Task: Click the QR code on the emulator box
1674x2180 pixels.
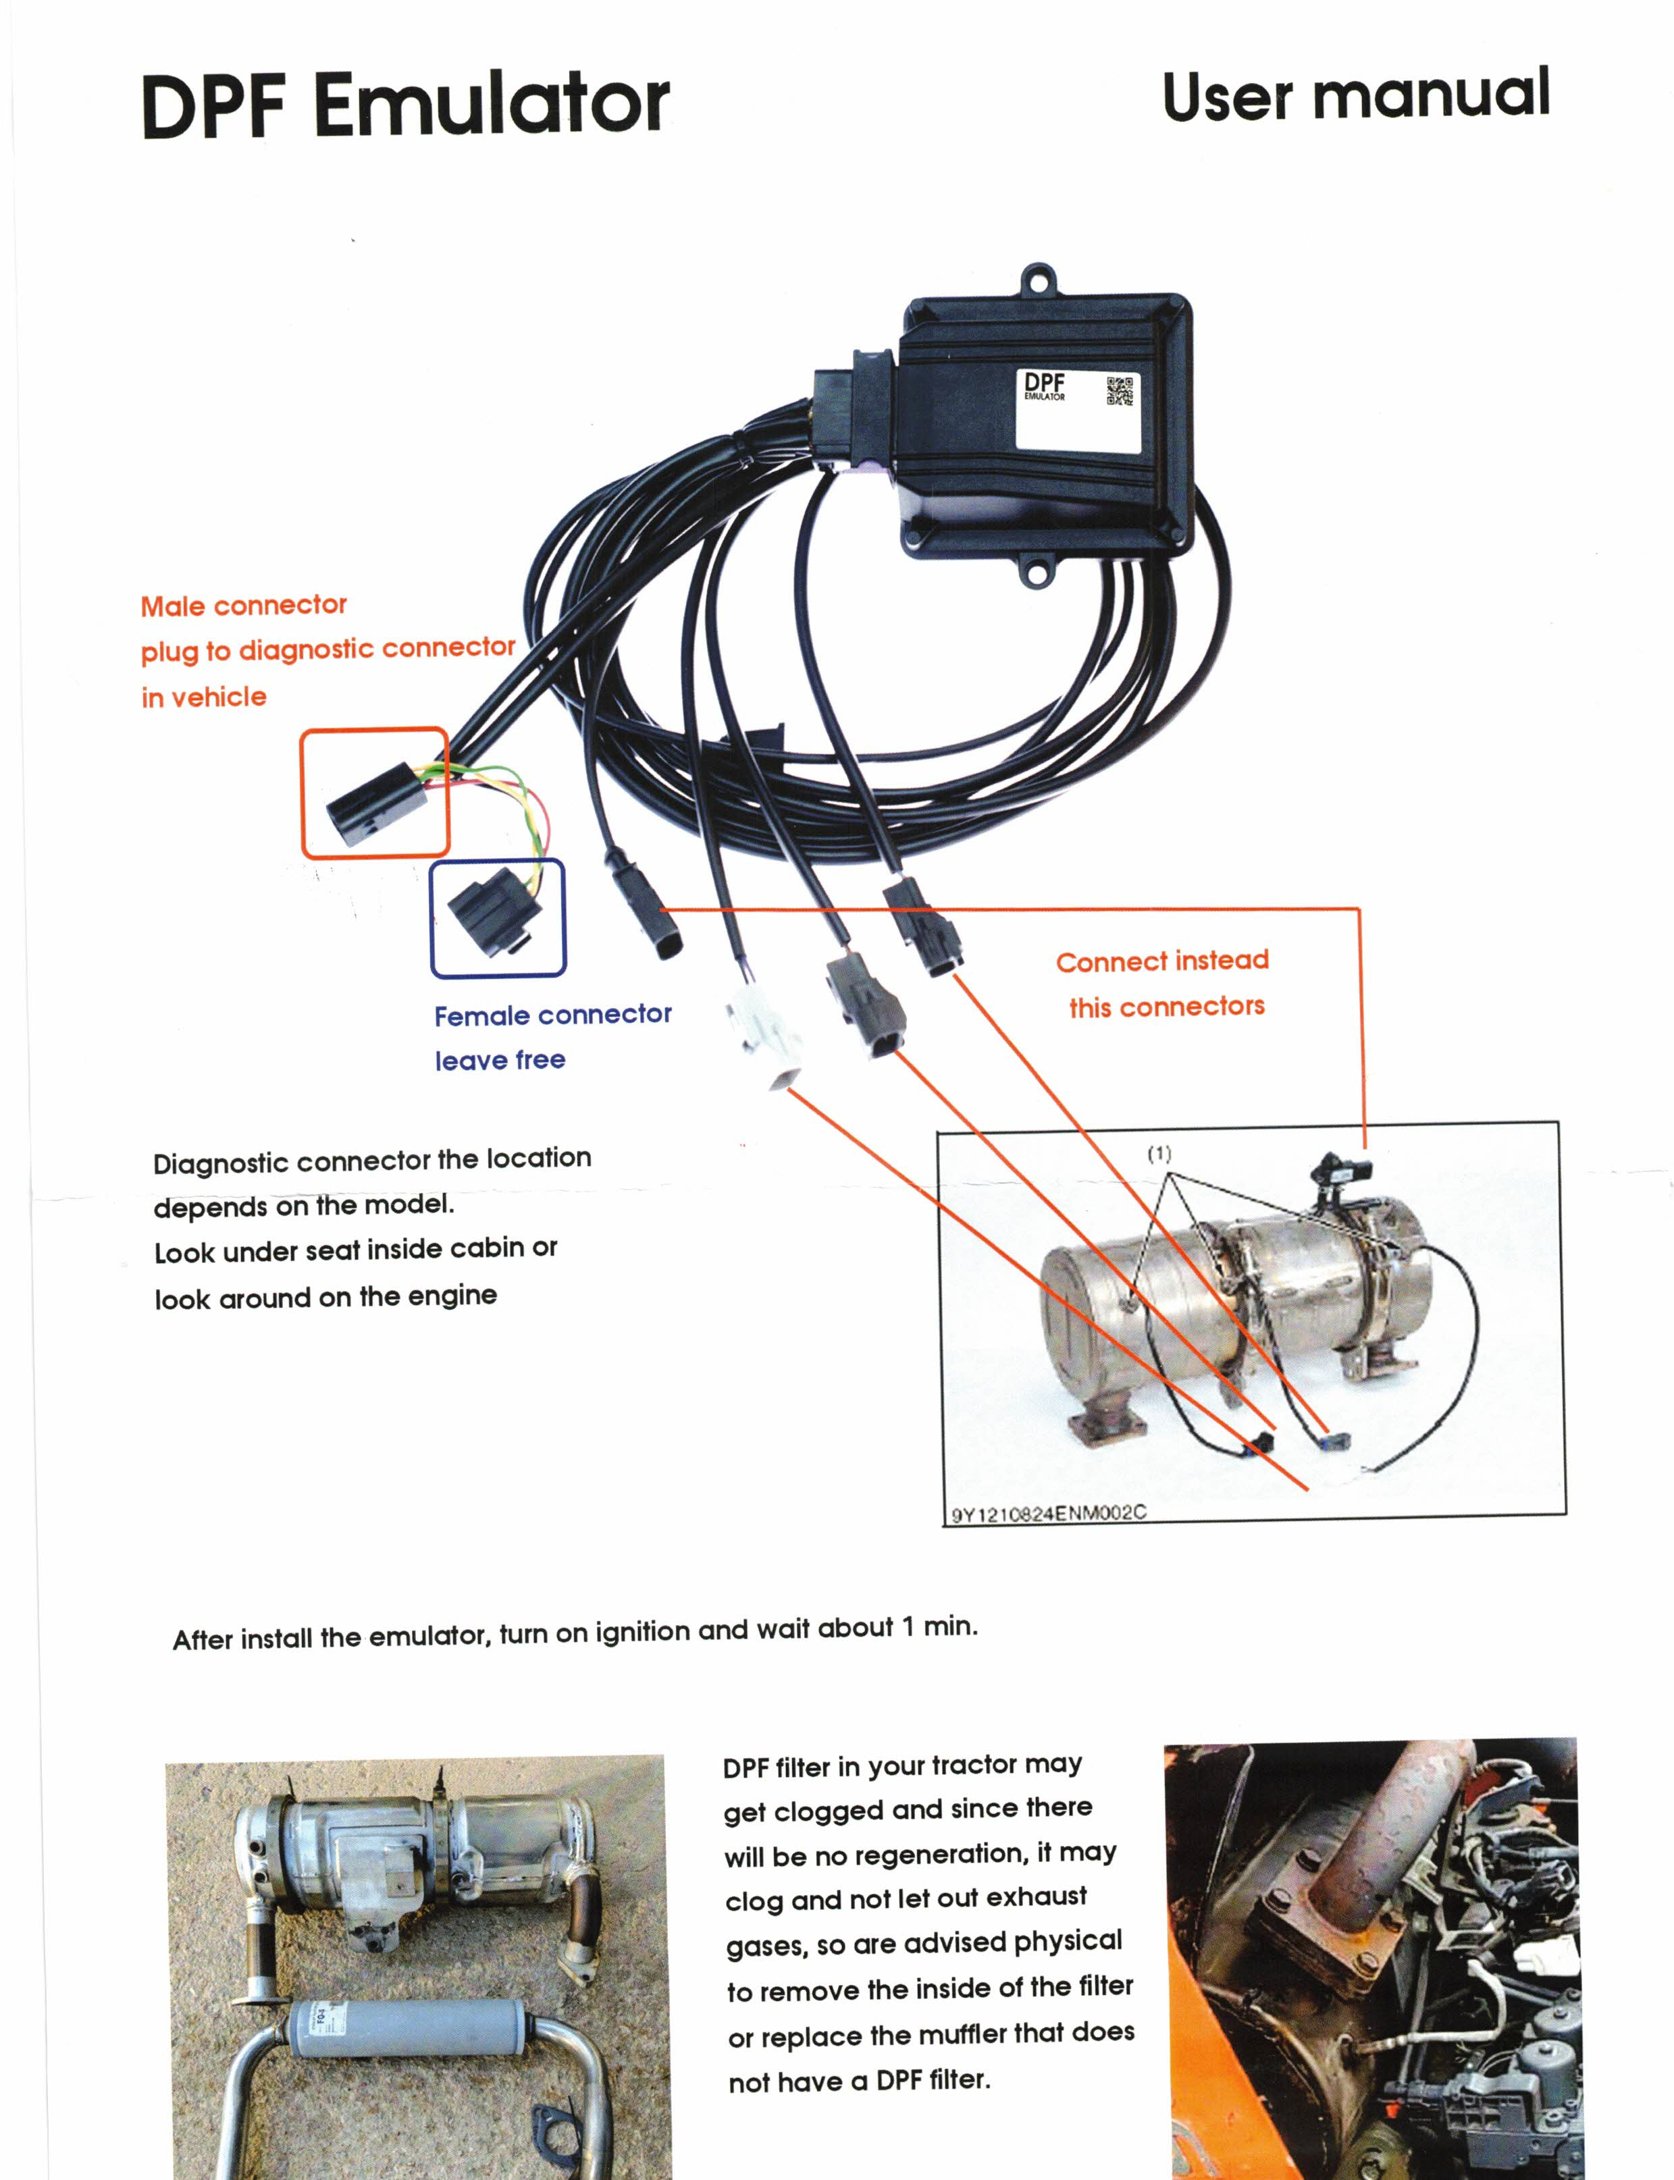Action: coord(1120,391)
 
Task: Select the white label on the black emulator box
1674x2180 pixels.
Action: coord(1076,410)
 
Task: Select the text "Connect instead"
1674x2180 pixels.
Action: coord(1162,961)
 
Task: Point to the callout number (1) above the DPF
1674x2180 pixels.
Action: coord(1159,1154)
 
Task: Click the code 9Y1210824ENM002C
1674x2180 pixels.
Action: coord(1048,1514)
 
